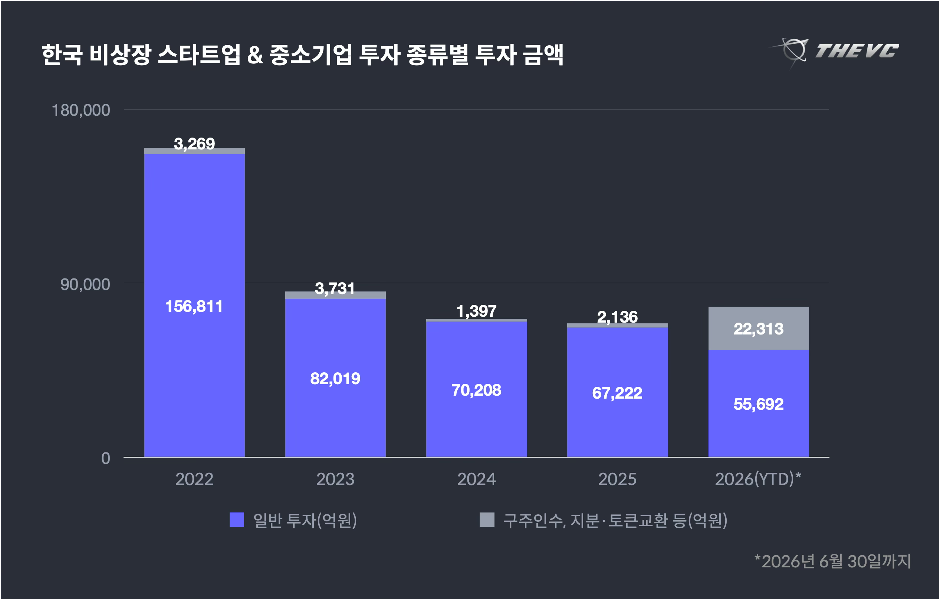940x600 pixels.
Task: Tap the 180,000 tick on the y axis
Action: [x=81, y=111]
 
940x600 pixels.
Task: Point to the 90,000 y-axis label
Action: [x=85, y=284]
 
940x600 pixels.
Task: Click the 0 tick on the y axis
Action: [x=105, y=458]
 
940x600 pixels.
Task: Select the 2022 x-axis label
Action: [x=194, y=479]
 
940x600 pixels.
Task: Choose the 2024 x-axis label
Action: [x=476, y=479]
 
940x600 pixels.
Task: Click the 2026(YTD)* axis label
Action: [x=758, y=479]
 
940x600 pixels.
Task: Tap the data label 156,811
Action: [x=194, y=306]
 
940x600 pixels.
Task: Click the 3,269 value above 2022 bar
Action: [x=194, y=144]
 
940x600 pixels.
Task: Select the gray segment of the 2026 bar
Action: [x=759, y=328]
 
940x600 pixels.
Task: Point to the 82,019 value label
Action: [x=335, y=378]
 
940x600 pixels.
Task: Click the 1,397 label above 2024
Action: [x=476, y=311]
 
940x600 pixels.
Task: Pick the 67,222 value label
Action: [x=617, y=393]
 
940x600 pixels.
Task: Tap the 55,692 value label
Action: [x=759, y=404]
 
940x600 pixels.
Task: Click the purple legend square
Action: [x=237, y=520]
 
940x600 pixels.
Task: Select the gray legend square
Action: [x=487, y=520]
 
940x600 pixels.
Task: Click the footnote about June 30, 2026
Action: [x=832, y=561]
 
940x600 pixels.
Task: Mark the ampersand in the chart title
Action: [x=255, y=55]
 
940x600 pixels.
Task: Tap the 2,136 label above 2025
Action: [x=617, y=317]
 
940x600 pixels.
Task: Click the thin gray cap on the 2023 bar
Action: [x=335, y=295]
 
